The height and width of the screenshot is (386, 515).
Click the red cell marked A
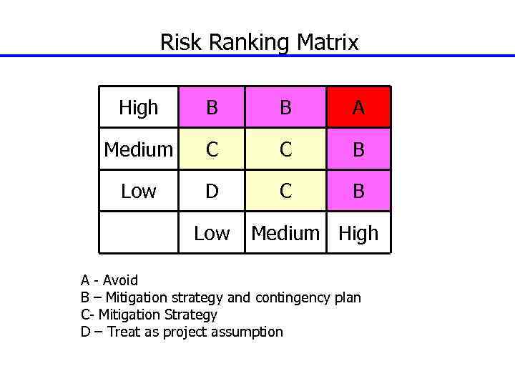(358, 108)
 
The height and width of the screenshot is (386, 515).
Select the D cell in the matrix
(212, 191)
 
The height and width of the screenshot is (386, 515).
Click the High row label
(139, 108)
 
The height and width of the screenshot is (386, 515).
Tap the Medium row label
(139, 149)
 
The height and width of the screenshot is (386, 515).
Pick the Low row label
(139, 191)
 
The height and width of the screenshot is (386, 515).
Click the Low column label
(212, 233)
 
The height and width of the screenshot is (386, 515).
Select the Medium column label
(285, 233)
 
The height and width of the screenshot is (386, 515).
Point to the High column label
(358, 233)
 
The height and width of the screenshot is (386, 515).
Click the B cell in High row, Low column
(212, 108)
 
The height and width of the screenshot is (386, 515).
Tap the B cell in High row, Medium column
(285, 108)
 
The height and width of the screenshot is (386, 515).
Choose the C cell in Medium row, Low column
(212, 149)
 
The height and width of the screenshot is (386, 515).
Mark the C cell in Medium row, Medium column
(285, 149)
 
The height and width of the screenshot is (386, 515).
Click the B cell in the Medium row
(358, 149)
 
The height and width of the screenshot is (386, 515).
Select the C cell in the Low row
(285, 191)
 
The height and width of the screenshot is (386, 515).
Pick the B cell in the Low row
(358, 191)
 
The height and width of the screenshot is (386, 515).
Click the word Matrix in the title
(328, 43)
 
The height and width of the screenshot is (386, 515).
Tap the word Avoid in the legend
(120, 280)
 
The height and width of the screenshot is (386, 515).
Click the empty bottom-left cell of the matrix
(139, 233)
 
